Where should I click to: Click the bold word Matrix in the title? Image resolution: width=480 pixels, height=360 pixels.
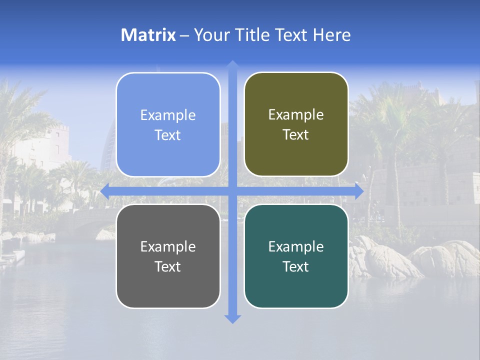148,35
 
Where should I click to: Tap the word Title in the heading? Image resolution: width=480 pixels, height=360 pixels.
250,35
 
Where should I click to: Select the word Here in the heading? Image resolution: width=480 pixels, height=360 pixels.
331,35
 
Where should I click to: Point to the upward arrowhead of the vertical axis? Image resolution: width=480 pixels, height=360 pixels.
232,65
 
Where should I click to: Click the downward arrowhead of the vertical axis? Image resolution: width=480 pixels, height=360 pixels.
232,318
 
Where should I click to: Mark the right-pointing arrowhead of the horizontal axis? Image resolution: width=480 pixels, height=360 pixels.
359,191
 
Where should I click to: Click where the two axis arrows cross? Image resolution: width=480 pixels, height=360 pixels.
232,191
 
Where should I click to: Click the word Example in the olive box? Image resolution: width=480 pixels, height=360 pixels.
296,114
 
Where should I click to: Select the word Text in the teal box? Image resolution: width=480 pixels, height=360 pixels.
296,266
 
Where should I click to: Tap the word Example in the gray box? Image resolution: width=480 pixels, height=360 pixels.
168,246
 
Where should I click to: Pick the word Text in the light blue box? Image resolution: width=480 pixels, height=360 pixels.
168,135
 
